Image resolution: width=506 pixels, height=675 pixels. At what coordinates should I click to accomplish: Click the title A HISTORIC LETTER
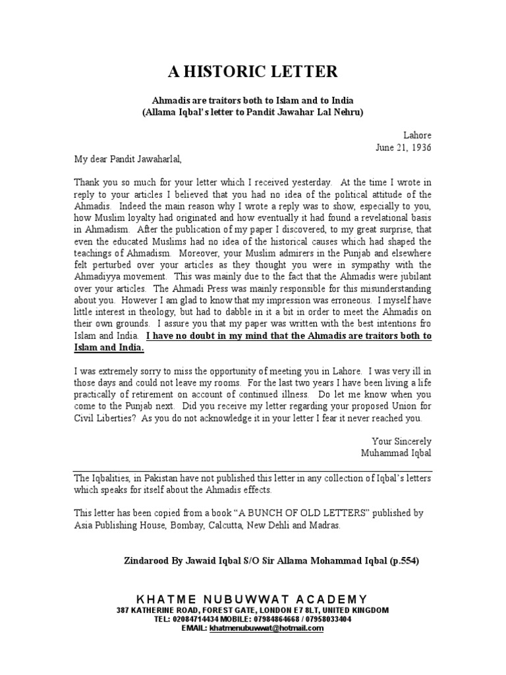[252, 72]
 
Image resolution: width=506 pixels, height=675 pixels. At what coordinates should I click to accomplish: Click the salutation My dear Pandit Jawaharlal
[126, 159]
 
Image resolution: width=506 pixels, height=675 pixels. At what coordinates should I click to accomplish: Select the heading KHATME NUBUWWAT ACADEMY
[252, 599]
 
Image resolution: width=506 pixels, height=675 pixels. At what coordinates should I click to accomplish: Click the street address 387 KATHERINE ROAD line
[252, 610]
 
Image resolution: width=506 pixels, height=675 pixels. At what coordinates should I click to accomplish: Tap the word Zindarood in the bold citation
[146, 561]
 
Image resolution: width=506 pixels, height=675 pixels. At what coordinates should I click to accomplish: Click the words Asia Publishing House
[118, 525]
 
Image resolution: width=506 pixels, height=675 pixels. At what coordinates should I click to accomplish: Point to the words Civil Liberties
[99, 418]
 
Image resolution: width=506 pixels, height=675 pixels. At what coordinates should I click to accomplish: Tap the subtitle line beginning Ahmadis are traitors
[252, 100]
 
